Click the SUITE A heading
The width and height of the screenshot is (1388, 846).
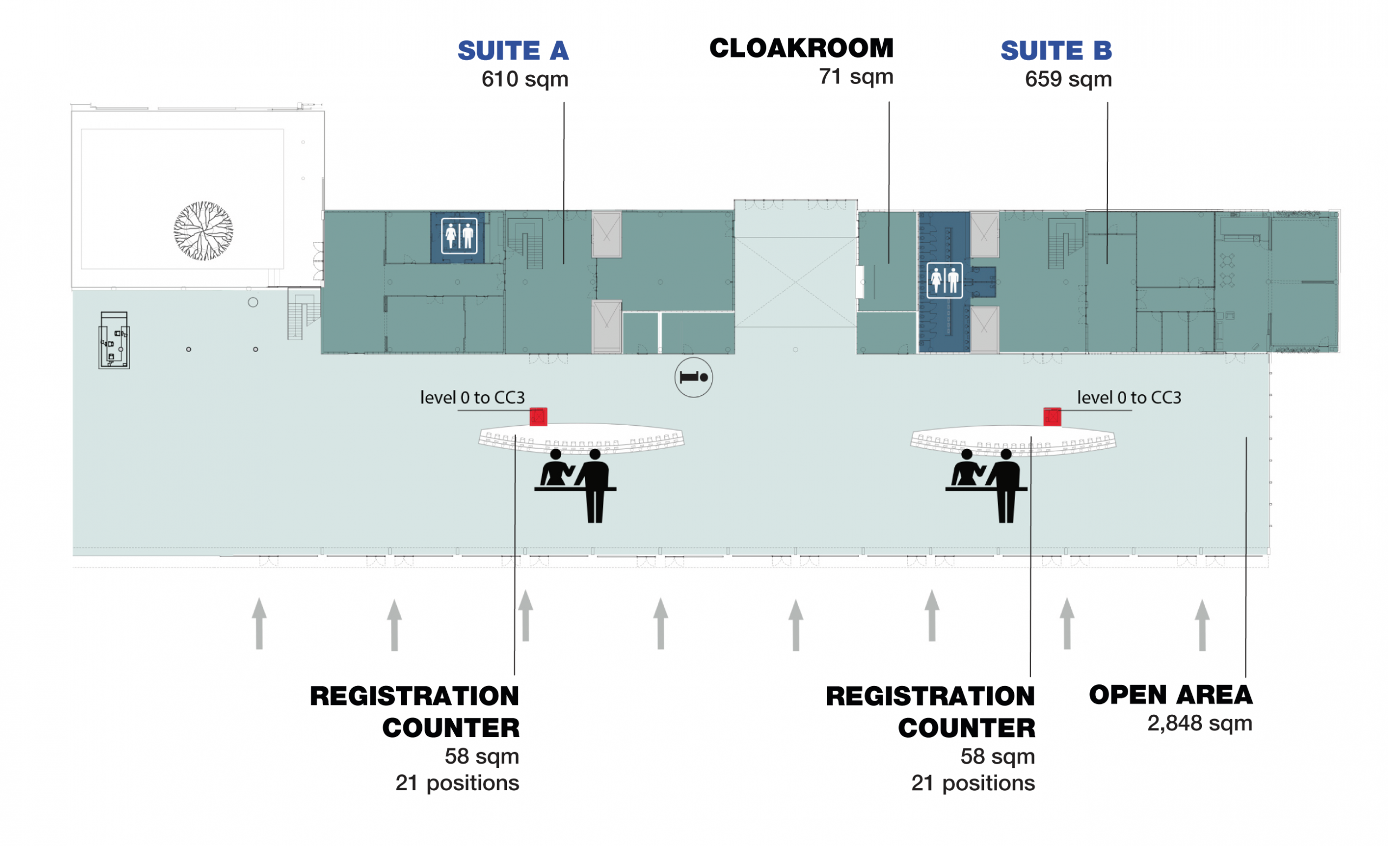(512, 50)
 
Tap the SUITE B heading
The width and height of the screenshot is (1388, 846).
(1056, 50)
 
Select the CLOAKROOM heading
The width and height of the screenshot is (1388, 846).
(801, 48)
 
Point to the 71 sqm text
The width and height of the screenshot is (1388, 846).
(856, 76)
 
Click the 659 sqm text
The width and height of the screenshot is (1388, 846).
(1068, 79)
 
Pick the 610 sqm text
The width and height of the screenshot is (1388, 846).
(524, 79)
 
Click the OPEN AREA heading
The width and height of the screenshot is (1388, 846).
(1171, 695)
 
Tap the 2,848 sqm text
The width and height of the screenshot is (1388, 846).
(1199, 723)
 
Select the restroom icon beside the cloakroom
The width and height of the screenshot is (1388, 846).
(944, 280)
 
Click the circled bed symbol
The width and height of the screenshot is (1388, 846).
(693, 377)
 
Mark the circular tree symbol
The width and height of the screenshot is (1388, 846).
(203, 231)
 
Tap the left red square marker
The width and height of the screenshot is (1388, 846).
(538, 417)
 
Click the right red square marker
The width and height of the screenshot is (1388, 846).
(1052, 417)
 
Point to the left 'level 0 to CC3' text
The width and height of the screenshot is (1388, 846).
(472, 398)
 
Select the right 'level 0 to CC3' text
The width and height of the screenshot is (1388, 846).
(1129, 398)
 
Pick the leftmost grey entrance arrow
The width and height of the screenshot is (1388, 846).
(259, 624)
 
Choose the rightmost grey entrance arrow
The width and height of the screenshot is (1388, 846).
(1202, 625)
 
